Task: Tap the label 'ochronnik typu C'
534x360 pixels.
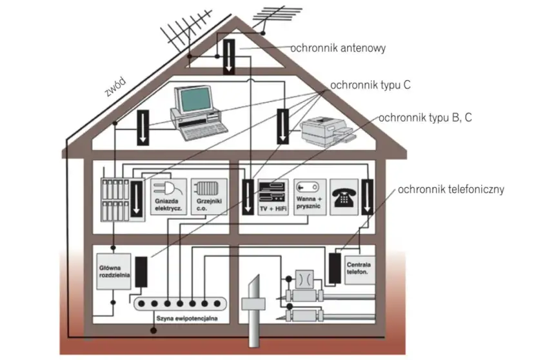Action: click(x=370, y=85)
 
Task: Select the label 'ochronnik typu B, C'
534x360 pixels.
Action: click(x=425, y=117)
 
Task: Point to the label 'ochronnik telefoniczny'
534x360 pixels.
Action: click(x=450, y=190)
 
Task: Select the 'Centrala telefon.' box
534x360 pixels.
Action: click(x=359, y=268)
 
